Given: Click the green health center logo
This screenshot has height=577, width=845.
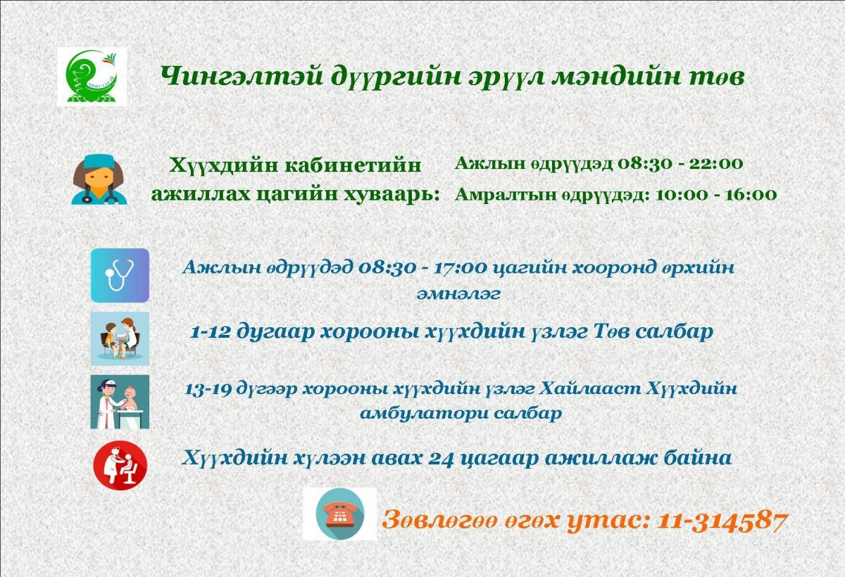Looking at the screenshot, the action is pyautogui.click(x=92, y=77).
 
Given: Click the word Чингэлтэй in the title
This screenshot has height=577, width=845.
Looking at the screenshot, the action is pyautogui.click(x=242, y=77).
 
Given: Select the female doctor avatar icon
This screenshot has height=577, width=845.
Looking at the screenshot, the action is pyautogui.click(x=99, y=179).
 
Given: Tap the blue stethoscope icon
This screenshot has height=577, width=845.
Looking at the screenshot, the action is pyautogui.click(x=120, y=276).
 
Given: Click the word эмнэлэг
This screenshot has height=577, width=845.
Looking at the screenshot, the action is pyautogui.click(x=458, y=294).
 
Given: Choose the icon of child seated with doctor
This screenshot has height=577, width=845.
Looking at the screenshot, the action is pyautogui.click(x=120, y=338).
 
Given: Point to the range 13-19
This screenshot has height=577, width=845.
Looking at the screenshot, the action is pyautogui.click(x=208, y=390).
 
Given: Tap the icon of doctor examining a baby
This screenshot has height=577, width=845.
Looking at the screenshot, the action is pyautogui.click(x=120, y=401).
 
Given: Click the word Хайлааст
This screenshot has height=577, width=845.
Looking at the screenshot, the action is pyautogui.click(x=589, y=389).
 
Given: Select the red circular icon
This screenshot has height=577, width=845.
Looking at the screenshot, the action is pyautogui.click(x=120, y=465).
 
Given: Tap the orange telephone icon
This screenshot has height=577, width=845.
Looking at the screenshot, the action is pyautogui.click(x=340, y=514).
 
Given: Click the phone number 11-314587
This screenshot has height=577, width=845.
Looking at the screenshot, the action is pyautogui.click(x=722, y=521).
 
